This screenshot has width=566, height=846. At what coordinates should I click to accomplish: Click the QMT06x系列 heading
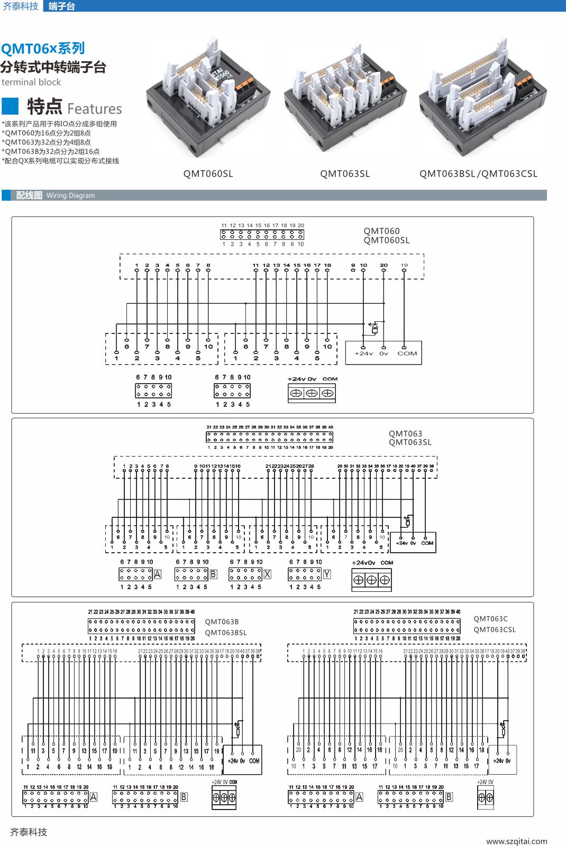click(43, 49)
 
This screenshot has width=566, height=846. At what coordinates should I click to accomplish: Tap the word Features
click(95, 109)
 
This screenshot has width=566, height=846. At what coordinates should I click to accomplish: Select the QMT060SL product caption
click(208, 174)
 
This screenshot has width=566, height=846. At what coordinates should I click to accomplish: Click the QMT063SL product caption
click(345, 174)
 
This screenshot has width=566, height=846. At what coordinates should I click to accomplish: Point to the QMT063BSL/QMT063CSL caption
click(478, 174)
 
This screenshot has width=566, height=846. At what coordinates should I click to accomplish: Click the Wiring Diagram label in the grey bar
click(70, 196)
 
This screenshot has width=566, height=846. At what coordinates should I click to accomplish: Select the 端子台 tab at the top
click(61, 6)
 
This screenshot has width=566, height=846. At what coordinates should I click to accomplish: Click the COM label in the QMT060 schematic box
click(407, 354)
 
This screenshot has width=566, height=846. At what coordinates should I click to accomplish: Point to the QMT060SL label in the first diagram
click(387, 240)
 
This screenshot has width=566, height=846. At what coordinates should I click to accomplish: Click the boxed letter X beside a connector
click(267, 574)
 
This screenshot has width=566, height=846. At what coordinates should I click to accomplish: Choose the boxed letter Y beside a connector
click(327, 574)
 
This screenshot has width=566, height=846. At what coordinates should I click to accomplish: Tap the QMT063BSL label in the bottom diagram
click(226, 633)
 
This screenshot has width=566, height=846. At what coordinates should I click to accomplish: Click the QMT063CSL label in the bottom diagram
click(495, 629)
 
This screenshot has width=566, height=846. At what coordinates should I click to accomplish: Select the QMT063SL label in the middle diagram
click(410, 442)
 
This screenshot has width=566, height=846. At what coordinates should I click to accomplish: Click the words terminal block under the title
click(31, 82)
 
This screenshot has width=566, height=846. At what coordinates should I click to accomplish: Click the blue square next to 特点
click(11, 106)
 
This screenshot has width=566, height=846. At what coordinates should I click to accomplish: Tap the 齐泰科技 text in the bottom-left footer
click(29, 832)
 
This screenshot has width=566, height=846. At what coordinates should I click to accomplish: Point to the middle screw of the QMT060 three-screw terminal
click(312, 393)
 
